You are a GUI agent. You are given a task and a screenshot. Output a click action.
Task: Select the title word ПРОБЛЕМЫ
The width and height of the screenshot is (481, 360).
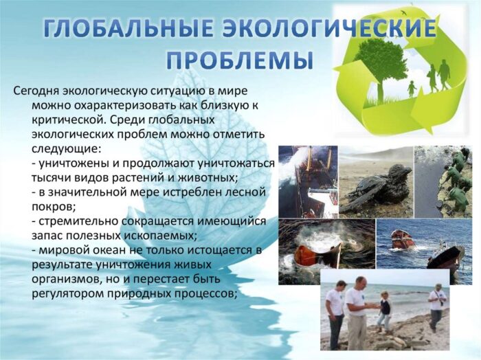(x=240, y=58)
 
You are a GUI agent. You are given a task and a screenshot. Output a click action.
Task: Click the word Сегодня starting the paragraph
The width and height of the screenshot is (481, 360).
(x=36, y=91)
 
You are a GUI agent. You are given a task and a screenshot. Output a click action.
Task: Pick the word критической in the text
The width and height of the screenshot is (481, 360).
(x=69, y=120)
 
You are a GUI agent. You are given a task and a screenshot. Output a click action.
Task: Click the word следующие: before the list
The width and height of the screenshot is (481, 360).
(x=66, y=148)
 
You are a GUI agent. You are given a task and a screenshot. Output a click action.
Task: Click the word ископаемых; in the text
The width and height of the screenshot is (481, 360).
(x=160, y=236)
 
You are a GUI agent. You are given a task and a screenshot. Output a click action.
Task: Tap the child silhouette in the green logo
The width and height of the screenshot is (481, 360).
(x=412, y=87)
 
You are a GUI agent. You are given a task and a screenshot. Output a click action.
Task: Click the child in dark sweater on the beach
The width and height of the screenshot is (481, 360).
(x=383, y=313)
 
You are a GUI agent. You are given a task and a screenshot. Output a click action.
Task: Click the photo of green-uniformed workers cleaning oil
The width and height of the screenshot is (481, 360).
(x=443, y=181)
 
